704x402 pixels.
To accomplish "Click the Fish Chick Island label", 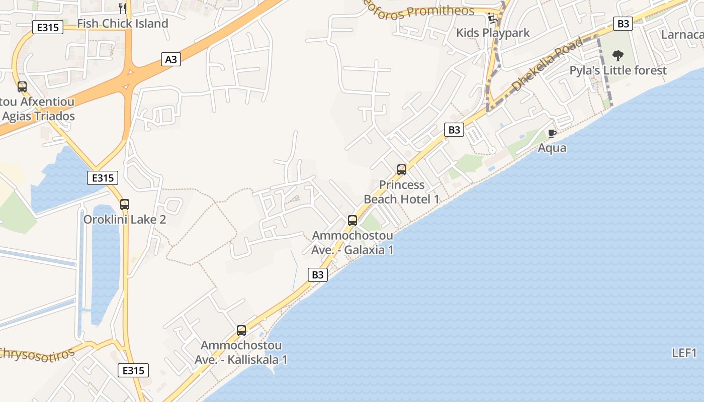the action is coord(122,24).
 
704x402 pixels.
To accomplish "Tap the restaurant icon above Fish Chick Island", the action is coord(122,8).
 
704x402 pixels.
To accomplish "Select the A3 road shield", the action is coord(171,59).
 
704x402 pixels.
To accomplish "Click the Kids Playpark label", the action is coord(493,33).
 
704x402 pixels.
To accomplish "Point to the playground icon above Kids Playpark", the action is coord(492,19).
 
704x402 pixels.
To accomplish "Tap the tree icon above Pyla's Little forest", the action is coord(618,55).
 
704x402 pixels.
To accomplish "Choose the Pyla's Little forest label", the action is coord(618,70).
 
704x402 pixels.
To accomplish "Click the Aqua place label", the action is coord(552,148).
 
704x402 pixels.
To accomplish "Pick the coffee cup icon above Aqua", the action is coord(552,133).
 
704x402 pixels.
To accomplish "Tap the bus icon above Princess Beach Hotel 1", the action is coord(401,170).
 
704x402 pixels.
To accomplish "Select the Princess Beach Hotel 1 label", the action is coord(401,192).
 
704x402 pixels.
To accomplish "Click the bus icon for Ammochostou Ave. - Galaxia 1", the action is coord(353,220).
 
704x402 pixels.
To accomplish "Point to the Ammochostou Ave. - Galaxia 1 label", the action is coord(353,243).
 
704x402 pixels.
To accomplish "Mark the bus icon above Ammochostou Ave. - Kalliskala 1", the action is coord(241,331).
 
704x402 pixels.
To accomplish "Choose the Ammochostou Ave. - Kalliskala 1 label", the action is coord(241,353).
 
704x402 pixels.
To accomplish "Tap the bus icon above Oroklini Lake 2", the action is coord(125,205).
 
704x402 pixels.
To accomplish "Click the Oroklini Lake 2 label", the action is coord(125,220).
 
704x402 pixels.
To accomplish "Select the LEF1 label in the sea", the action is coord(684,353).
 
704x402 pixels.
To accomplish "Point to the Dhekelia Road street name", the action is coord(547,65).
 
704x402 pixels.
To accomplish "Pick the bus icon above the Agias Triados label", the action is coord(22,87).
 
